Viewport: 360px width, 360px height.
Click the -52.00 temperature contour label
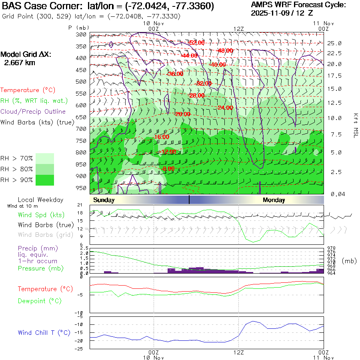click(196, 43)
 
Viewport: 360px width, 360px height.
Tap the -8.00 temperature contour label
click(168, 168)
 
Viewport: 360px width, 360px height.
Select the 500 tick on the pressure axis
click(81, 82)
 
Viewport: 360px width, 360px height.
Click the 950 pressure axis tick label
click(81, 188)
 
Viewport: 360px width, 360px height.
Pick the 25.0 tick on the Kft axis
click(334, 43)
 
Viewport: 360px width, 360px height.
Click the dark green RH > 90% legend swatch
click(45, 180)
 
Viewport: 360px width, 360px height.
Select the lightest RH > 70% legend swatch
click(45, 158)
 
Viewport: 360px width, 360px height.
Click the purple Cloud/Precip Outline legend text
click(33, 112)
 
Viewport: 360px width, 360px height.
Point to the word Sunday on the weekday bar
click(103, 200)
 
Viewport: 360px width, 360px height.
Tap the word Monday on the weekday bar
click(274, 200)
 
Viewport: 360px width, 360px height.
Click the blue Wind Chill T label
click(44, 333)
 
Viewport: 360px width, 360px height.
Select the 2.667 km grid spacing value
click(20, 63)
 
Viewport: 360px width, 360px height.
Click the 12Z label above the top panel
click(238, 29)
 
